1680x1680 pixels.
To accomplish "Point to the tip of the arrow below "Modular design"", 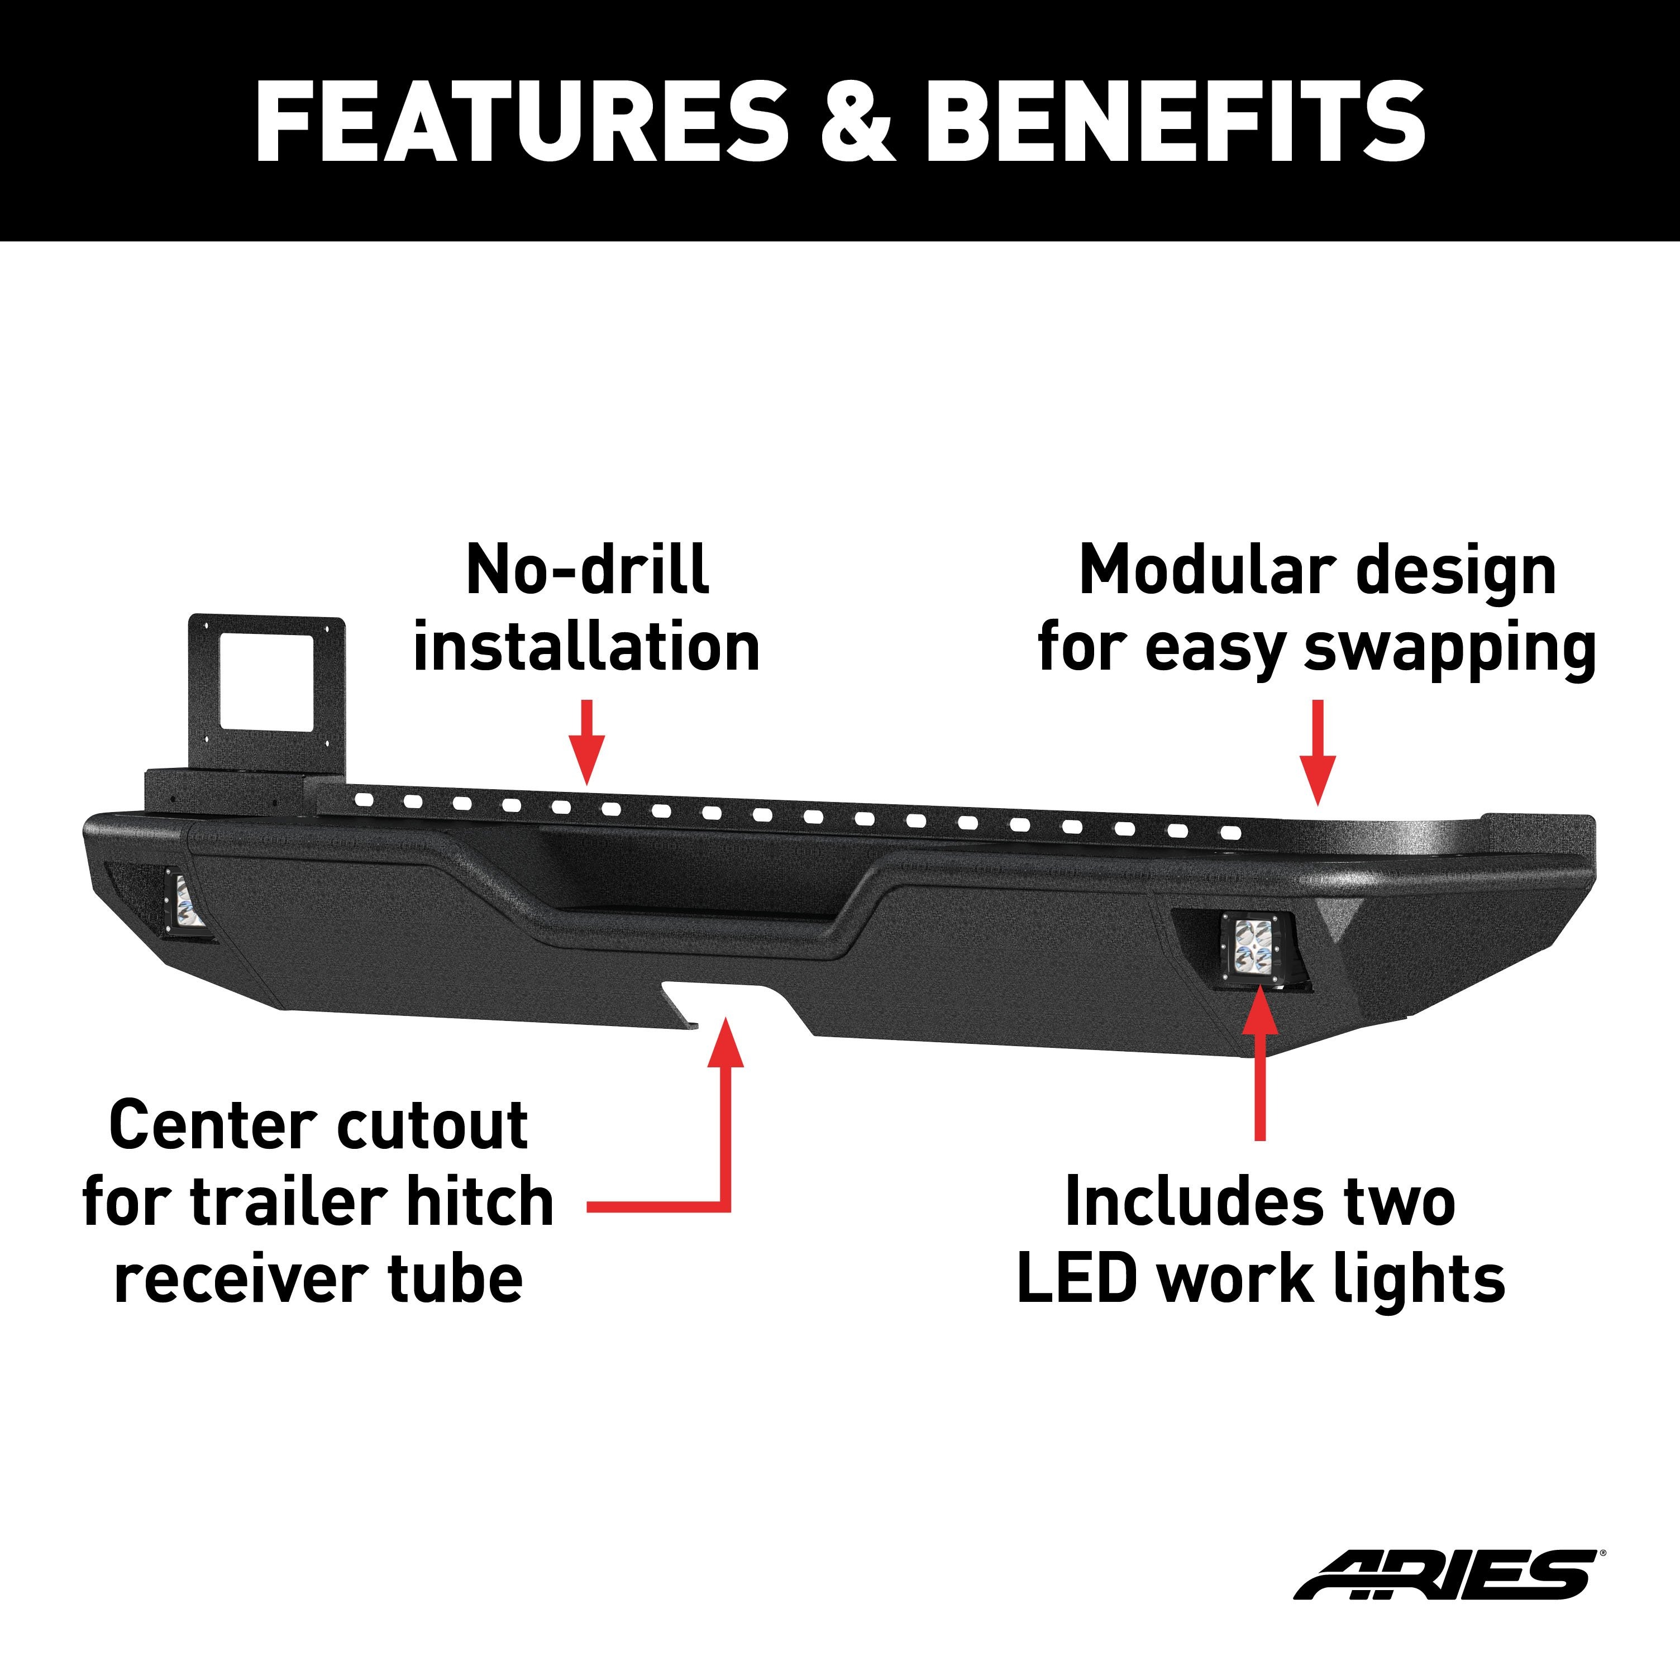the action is [x=1318, y=805].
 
